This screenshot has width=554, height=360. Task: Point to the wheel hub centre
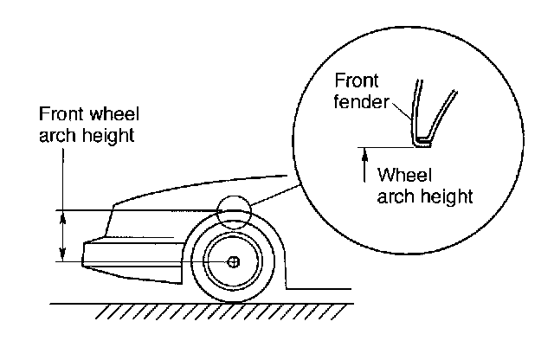click(x=233, y=261)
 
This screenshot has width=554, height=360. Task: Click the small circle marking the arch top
click(x=232, y=210)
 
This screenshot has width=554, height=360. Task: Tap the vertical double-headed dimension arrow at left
click(x=61, y=235)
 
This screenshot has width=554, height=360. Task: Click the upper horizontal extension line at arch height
click(x=130, y=209)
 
